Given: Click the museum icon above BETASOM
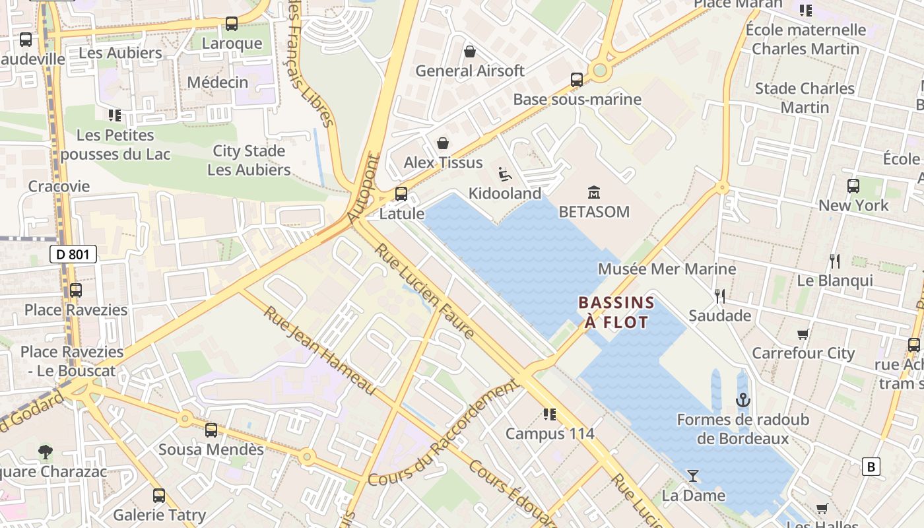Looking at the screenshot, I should point(593,192).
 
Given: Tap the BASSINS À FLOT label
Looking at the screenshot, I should point(616,312).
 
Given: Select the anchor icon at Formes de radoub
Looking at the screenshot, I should point(743,400).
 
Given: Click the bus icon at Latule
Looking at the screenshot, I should point(401,194).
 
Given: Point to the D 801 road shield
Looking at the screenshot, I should point(73,254).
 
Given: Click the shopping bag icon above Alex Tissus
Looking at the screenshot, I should point(443,143).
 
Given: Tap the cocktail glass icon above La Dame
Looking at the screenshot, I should point(692,475).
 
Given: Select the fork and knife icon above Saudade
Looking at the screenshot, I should point(719,296).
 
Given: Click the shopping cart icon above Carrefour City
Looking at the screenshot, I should point(803,334).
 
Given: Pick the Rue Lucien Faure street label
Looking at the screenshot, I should point(424,291).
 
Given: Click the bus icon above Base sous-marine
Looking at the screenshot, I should point(576,80).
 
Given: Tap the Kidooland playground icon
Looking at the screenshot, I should point(505,174).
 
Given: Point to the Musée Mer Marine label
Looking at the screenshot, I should point(667,269).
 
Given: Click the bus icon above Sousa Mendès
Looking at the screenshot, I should point(211,430).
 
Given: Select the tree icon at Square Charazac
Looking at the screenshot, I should point(45,452).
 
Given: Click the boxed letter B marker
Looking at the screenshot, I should point(871,467).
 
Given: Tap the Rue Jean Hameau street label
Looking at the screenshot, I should point(319,350).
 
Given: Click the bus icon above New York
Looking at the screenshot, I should point(853,186).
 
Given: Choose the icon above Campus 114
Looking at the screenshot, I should point(549,414).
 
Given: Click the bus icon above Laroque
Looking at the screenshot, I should point(231,24).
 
